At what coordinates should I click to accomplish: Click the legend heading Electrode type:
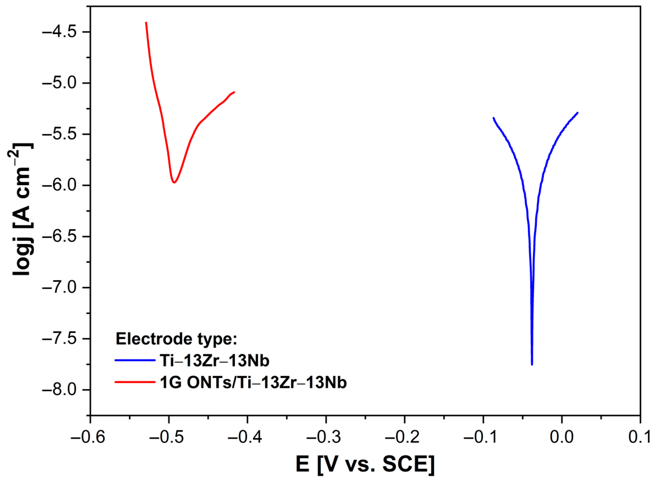[176, 339]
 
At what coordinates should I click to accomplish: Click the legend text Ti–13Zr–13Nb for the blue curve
[214, 360]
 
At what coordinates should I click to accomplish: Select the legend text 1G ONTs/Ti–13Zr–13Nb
[253, 382]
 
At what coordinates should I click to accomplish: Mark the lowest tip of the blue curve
[532, 364]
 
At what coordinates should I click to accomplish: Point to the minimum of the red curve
[174, 182]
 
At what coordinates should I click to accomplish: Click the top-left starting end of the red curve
[146, 23]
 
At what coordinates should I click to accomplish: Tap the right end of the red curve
[234, 92]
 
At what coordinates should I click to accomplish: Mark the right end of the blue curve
[578, 113]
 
